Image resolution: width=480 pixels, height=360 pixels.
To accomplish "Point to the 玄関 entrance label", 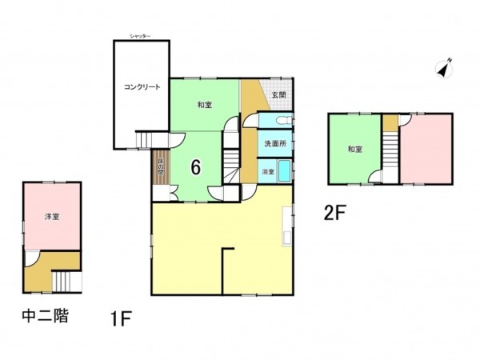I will tap(278, 95).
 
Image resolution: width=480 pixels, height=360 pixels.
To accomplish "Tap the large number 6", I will tap(194, 167).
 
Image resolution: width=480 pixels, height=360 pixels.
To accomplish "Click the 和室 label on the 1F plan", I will tap(204, 104).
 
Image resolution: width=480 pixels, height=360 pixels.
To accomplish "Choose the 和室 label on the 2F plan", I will tap(356, 150).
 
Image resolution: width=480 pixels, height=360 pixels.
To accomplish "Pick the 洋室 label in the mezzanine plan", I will tap(51, 217).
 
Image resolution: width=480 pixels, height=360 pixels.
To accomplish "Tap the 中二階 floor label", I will tap(44, 317).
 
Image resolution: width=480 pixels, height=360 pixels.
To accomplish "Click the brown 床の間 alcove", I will tap(159, 166).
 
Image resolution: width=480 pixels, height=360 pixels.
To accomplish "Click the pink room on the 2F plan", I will tap(427, 149).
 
